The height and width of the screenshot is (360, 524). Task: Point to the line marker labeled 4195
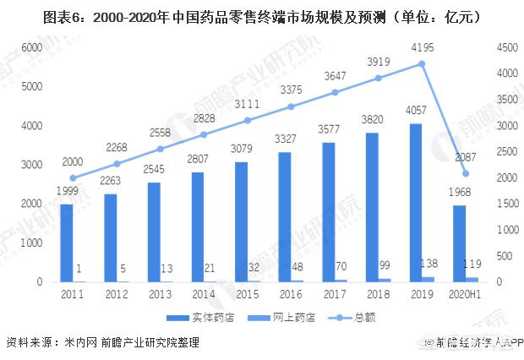421,63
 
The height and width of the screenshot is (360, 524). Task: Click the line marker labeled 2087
466,173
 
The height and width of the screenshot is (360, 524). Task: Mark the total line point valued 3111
248,120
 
